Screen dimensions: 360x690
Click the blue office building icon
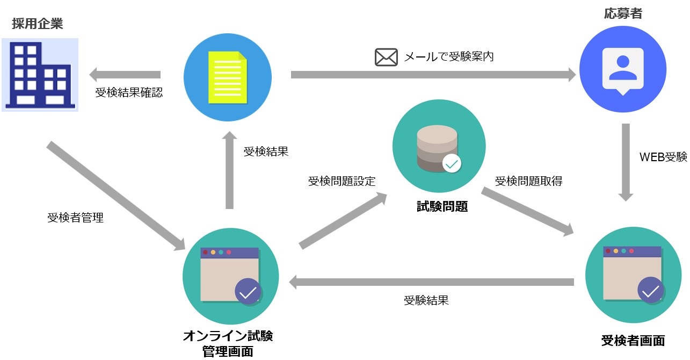40,75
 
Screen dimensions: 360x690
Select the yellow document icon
228,77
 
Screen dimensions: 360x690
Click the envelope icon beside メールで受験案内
386,57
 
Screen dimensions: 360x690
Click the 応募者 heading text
623,14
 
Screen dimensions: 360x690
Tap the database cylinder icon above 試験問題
437,146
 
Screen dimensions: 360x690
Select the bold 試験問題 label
442,206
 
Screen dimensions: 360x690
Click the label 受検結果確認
129,92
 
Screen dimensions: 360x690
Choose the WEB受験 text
663,157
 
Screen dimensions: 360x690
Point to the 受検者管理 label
75,218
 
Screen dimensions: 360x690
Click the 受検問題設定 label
342,181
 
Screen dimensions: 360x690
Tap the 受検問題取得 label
528,181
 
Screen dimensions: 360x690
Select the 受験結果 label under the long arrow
426,300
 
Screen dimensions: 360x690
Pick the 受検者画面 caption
633,341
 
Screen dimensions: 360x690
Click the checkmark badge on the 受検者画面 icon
651,291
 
